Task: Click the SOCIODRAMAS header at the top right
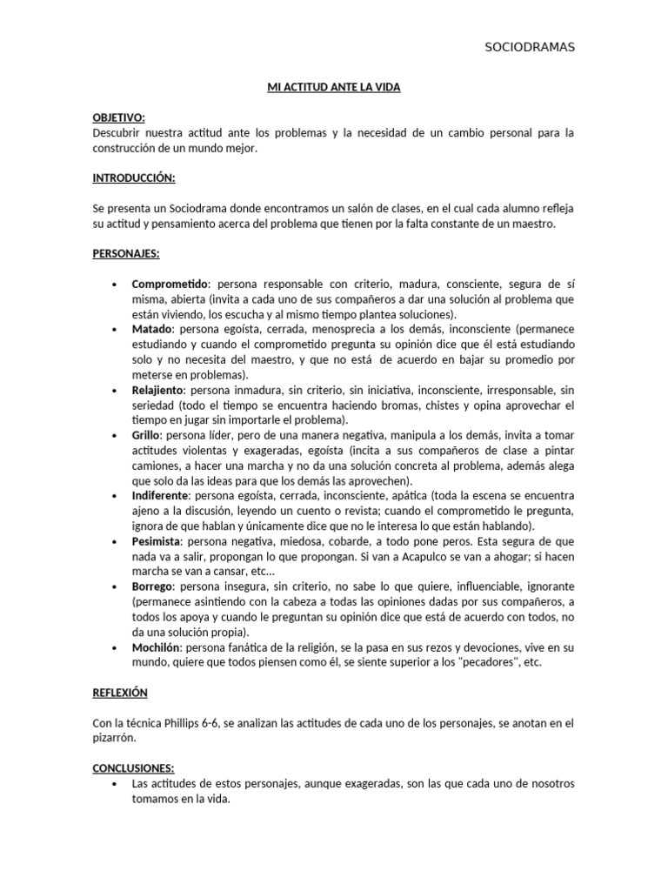pyautogui.click(x=530, y=47)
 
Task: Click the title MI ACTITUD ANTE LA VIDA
pyautogui.click(x=333, y=88)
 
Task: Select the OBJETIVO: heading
pyautogui.click(x=119, y=117)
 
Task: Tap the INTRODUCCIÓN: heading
pyautogui.click(x=134, y=178)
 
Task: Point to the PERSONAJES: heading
pyautogui.click(x=126, y=253)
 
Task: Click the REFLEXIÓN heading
pyautogui.click(x=120, y=693)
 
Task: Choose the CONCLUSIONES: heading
pyautogui.click(x=133, y=768)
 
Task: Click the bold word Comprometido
pyautogui.click(x=170, y=284)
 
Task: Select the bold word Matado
pyautogui.click(x=152, y=330)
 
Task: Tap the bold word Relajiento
pyautogui.click(x=159, y=391)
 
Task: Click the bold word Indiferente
pyautogui.click(x=160, y=496)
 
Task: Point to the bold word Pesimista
pyautogui.click(x=156, y=541)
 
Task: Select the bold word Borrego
pyautogui.click(x=152, y=586)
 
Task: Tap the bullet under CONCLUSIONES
pyautogui.click(x=116, y=784)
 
